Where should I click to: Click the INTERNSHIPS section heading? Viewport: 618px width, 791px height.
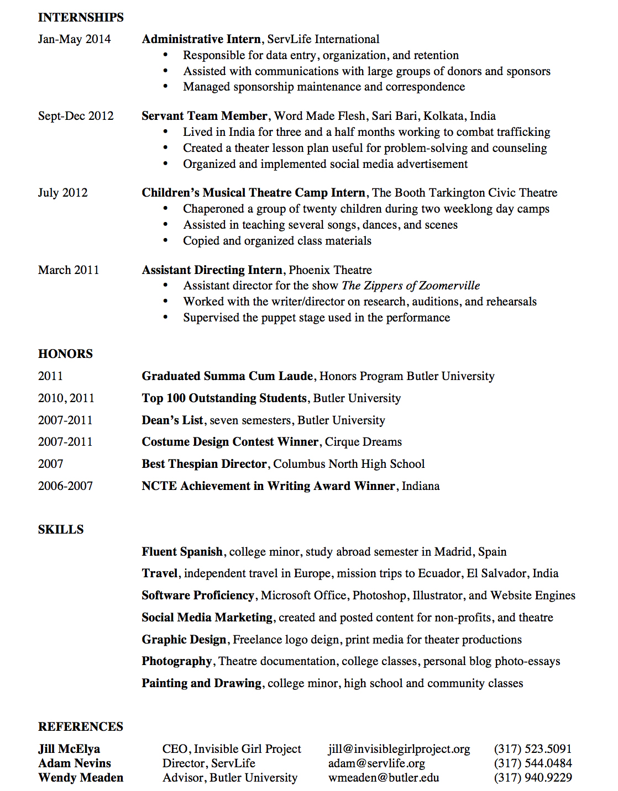click(81, 17)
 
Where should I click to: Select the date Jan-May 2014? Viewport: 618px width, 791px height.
click(74, 39)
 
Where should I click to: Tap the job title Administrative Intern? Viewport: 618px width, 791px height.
click(201, 39)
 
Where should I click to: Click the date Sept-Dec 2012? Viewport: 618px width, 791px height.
click(76, 116)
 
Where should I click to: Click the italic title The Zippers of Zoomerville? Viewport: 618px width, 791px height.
click(411, 286)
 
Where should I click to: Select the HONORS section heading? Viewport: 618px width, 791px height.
click(65, 354)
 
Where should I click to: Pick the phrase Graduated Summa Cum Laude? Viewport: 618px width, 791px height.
click(227, 376)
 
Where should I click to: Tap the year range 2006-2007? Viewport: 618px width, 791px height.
click(65, 486)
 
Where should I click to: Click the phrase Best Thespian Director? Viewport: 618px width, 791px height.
click(204, 464)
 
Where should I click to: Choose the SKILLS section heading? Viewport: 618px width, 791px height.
click(61, 530)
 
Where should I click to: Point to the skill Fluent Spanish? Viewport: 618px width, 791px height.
click(182, 552)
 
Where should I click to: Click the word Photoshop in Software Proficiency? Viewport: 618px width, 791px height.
click(379, 595)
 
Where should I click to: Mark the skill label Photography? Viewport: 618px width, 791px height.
click(176, 661)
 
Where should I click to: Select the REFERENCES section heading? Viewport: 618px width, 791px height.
click(81, 727)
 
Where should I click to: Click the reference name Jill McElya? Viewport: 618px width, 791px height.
click(69, 749)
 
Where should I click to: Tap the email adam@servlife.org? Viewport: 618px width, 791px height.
click(376, 763)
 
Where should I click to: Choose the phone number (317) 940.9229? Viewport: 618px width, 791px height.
click(533, 778)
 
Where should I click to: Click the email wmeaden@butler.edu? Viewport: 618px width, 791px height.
click(384, 778)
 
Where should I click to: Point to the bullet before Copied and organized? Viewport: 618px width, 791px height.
click(165, 241)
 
